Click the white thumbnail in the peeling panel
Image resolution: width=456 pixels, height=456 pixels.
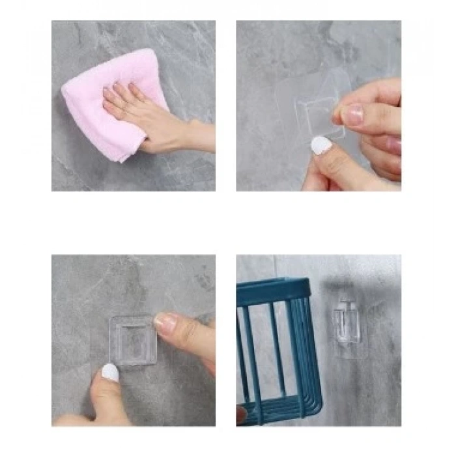(x=320, y=145)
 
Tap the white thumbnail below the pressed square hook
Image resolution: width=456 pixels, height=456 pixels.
(x=110, y=372)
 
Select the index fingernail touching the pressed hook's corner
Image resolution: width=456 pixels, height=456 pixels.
(x=165, y=322)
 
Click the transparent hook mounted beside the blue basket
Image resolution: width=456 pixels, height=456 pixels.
(x=345, y=322)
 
